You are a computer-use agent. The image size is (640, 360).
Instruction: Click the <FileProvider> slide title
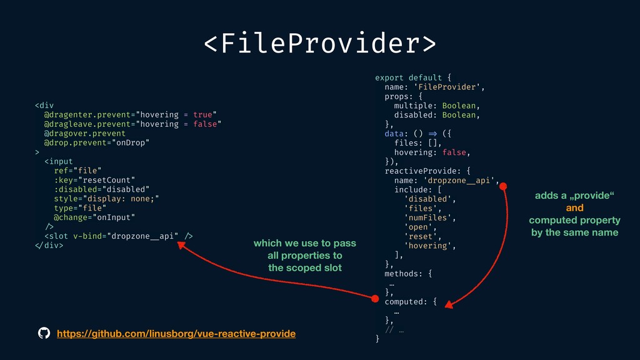tap(319, 44)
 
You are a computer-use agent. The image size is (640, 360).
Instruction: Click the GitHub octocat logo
tap(44, 334)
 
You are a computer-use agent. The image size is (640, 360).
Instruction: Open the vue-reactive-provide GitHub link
tap(176, 334)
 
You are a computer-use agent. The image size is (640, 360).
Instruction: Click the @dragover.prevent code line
tap(84, 133)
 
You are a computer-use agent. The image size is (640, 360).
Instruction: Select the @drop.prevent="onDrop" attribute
tap(97, 142)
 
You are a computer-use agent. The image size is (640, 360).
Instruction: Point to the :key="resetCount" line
tap(94, 179)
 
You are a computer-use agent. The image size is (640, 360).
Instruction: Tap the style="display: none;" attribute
tap(106, 198)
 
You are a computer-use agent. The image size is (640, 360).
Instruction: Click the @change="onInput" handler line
tap(94, 217)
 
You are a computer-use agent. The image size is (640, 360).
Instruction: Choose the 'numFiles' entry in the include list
tap(429, 217)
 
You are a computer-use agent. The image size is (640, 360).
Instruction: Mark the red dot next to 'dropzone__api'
tap(503, 186)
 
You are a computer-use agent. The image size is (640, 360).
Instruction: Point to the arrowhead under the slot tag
tap(182, 245)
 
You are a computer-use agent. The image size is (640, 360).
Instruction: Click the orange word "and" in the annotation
tap(574, 208)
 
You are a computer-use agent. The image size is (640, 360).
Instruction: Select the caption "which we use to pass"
tap(304, 243)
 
